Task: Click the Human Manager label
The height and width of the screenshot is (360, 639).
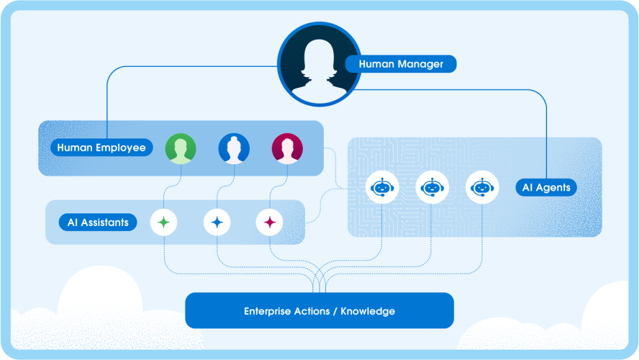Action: (401, 64)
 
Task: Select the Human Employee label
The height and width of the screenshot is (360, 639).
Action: (101, 148)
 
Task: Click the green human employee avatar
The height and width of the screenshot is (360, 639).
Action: (181, 148)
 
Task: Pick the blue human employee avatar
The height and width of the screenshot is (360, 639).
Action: (234, 148)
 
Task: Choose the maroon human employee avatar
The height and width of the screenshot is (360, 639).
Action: (287, 148)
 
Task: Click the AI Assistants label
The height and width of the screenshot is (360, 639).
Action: (98, 222)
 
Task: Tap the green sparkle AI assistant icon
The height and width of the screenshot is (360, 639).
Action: (163, 222)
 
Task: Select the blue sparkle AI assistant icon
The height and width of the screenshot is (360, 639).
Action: (217, 222)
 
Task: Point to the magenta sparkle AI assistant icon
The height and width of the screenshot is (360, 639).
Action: (270, 222)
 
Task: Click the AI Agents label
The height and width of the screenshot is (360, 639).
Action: (546, 188)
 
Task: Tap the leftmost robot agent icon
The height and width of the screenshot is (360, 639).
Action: (382, 187)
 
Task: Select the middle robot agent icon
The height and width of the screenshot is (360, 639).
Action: (432, 187)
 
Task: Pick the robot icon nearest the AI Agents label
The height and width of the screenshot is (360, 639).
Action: (482, 187)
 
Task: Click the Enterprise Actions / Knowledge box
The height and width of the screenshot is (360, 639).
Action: (319, 311)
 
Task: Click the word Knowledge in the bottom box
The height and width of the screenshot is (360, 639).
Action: (368, 312)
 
